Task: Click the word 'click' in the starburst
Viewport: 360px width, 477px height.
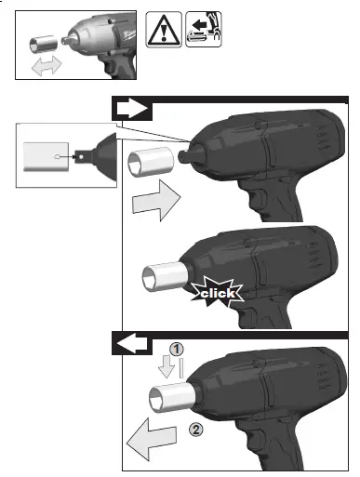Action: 216,294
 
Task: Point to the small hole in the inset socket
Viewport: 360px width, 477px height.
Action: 58,157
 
